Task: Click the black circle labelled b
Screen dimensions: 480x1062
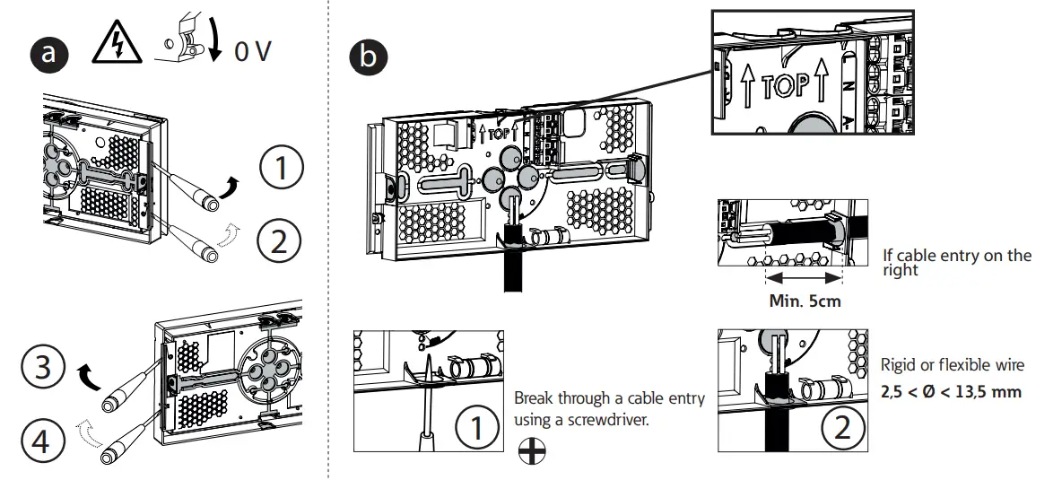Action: [368, 57]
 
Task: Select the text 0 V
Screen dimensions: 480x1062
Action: [252, 52]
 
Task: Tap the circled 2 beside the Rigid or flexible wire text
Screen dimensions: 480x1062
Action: [840, 426]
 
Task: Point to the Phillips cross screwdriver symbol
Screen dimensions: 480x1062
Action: [533, 454]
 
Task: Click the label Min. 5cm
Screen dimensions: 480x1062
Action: [805, 301]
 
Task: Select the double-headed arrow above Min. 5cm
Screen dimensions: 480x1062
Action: [804, 277]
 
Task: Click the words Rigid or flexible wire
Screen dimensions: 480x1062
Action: [951, 365]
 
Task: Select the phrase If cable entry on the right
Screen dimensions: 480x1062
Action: [957, 262]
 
